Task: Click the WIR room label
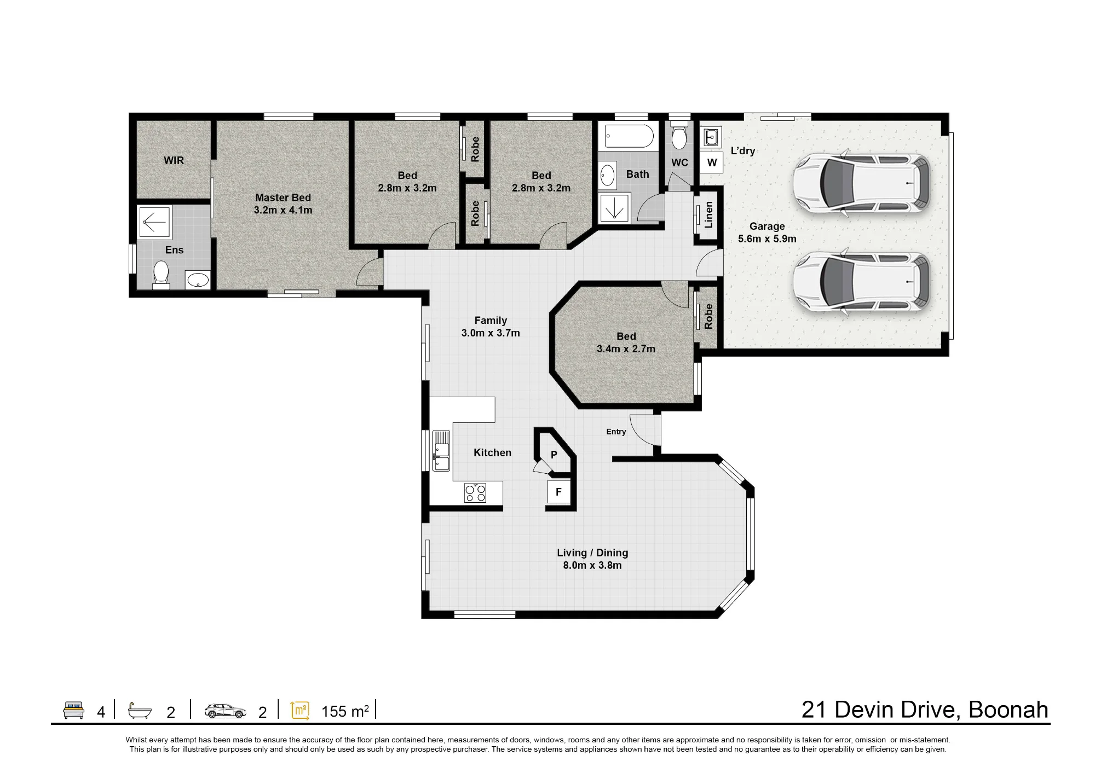(x=174, y=160)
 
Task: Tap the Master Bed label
(x=283, y=197)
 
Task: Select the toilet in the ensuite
(x=161, y=274)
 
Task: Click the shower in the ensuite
(x=154, y=222)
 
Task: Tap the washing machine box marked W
(x=712, y=162)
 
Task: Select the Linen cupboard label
(x=708, y=214)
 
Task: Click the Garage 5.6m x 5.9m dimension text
(x=767, y=239)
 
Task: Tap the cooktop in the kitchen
(x=475, y=493)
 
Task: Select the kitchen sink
(x=441, y=450)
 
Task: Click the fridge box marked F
(x=558, y=492)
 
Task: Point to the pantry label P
(x=554, y=455)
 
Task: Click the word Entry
(x=616, y=432)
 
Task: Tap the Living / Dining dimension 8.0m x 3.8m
(x=592, y=566)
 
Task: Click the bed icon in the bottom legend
(x=73, y=710)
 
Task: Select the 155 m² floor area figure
(x=345, y=711)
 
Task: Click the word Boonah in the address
(x=1008, y=710)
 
